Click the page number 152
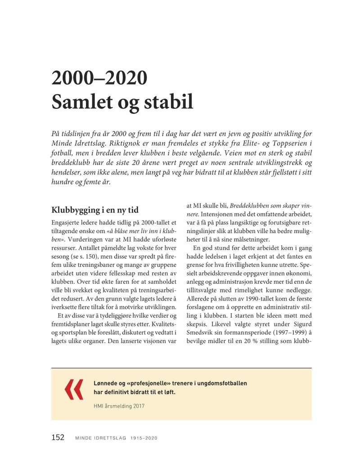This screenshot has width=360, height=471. click(x=57, y=438)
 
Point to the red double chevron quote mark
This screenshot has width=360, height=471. click(x=74, y=390)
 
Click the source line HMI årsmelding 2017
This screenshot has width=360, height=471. click(x=119, y=406)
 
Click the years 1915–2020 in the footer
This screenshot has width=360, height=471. click(x=144, y=438)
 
